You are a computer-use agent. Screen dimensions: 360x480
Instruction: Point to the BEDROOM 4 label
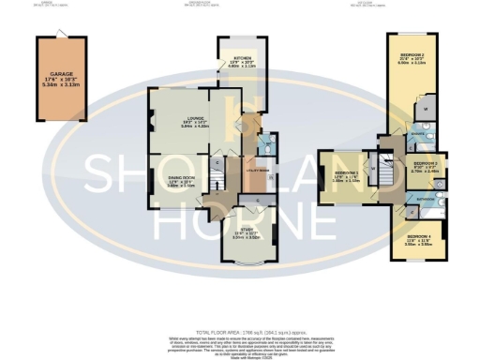417,235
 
